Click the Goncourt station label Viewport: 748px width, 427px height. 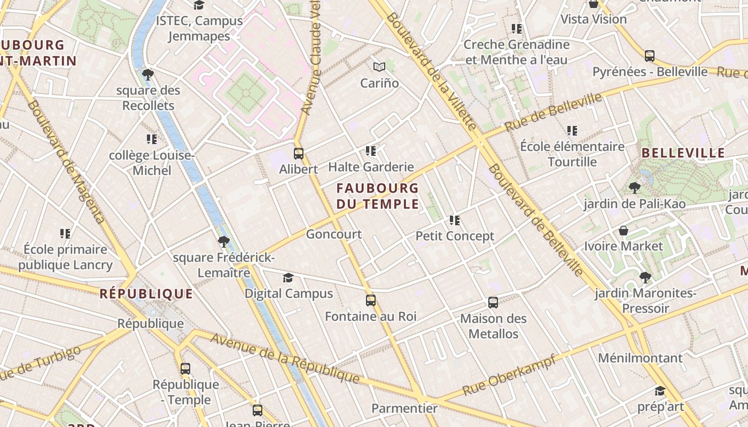[x=333, y=234]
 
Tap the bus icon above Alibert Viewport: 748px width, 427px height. [x=299, y=154]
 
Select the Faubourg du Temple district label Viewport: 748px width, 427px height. [x=377, y=196]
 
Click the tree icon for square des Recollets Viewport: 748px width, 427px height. [x=148, y=75]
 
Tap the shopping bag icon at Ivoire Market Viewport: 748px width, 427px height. [x=623, y=231]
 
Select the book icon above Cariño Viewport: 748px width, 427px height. [x=379, y=67]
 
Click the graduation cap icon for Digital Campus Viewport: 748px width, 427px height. [x=289, y=278]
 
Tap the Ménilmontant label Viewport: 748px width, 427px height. [x=640, y=358]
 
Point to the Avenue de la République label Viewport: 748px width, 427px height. [x=284, y=358]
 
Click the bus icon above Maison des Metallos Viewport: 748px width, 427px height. [x=493, y=303]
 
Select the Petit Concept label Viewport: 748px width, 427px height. [x=455, y=236]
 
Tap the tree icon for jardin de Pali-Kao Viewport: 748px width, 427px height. [x=634, y=187]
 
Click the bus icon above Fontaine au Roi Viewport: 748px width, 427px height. [x=371, y=301]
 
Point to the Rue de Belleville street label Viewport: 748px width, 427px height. [x=553, y=112]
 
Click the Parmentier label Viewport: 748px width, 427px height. [x=404, y=408]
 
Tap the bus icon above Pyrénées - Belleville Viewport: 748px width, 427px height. [x=650, y=56]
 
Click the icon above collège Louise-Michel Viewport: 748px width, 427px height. [x=152, y=139]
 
